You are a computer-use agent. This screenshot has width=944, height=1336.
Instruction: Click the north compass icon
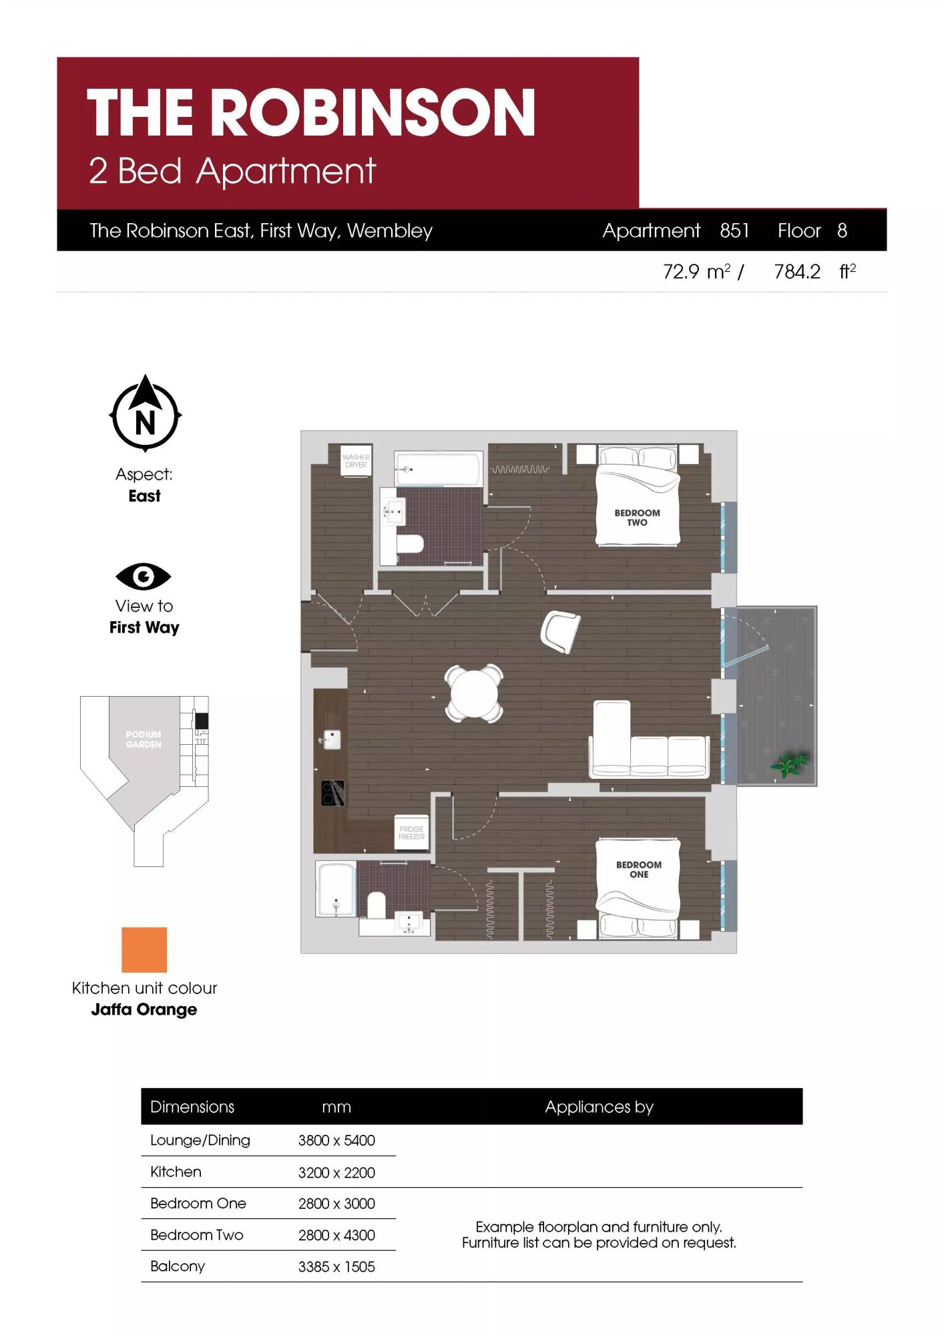point(145,413)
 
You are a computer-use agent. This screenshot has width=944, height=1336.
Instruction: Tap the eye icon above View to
point(144,576)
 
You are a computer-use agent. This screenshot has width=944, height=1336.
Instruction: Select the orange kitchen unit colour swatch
point(144,949)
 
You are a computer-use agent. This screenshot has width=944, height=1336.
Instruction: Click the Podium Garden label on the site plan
point(144,739)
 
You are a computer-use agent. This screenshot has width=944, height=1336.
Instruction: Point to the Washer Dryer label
point(356,461)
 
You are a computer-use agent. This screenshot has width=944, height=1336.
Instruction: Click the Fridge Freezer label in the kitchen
point(411,833)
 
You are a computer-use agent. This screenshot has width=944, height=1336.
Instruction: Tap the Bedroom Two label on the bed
point(637,518)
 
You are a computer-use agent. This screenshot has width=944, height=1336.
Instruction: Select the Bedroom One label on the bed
point(639,869)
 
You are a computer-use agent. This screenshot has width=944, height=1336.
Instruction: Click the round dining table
point(474,693)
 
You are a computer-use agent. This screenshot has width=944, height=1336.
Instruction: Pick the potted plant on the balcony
point(790,764)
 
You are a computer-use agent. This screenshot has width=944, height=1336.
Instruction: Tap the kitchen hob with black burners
point(332,793)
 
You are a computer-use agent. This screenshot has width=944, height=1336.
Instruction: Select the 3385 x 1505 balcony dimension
point(336,1267)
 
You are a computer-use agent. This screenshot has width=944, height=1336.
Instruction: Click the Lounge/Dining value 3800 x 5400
point(336,1140)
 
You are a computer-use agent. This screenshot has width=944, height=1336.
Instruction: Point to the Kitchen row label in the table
point(176,1172)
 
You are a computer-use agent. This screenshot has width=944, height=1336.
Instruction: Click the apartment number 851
point(734,230)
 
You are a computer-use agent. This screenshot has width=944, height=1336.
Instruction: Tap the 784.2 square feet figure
point(797,271)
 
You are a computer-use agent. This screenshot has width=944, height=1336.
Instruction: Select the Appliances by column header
point(599,1107)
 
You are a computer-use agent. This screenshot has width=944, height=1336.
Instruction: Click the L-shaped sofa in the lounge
point(648,741)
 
